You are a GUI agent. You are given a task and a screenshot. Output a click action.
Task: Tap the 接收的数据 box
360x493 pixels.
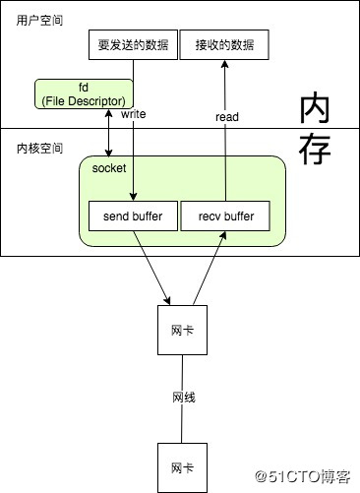tap(223, 45)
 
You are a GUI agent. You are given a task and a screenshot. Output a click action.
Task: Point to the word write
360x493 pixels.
tap(135, 114)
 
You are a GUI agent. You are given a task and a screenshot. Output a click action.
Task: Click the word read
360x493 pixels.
tap(227, 116)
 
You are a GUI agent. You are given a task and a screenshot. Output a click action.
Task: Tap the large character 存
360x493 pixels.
tap(318, 150)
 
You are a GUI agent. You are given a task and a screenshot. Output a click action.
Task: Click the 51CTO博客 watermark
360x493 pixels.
tap(303, 476)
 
